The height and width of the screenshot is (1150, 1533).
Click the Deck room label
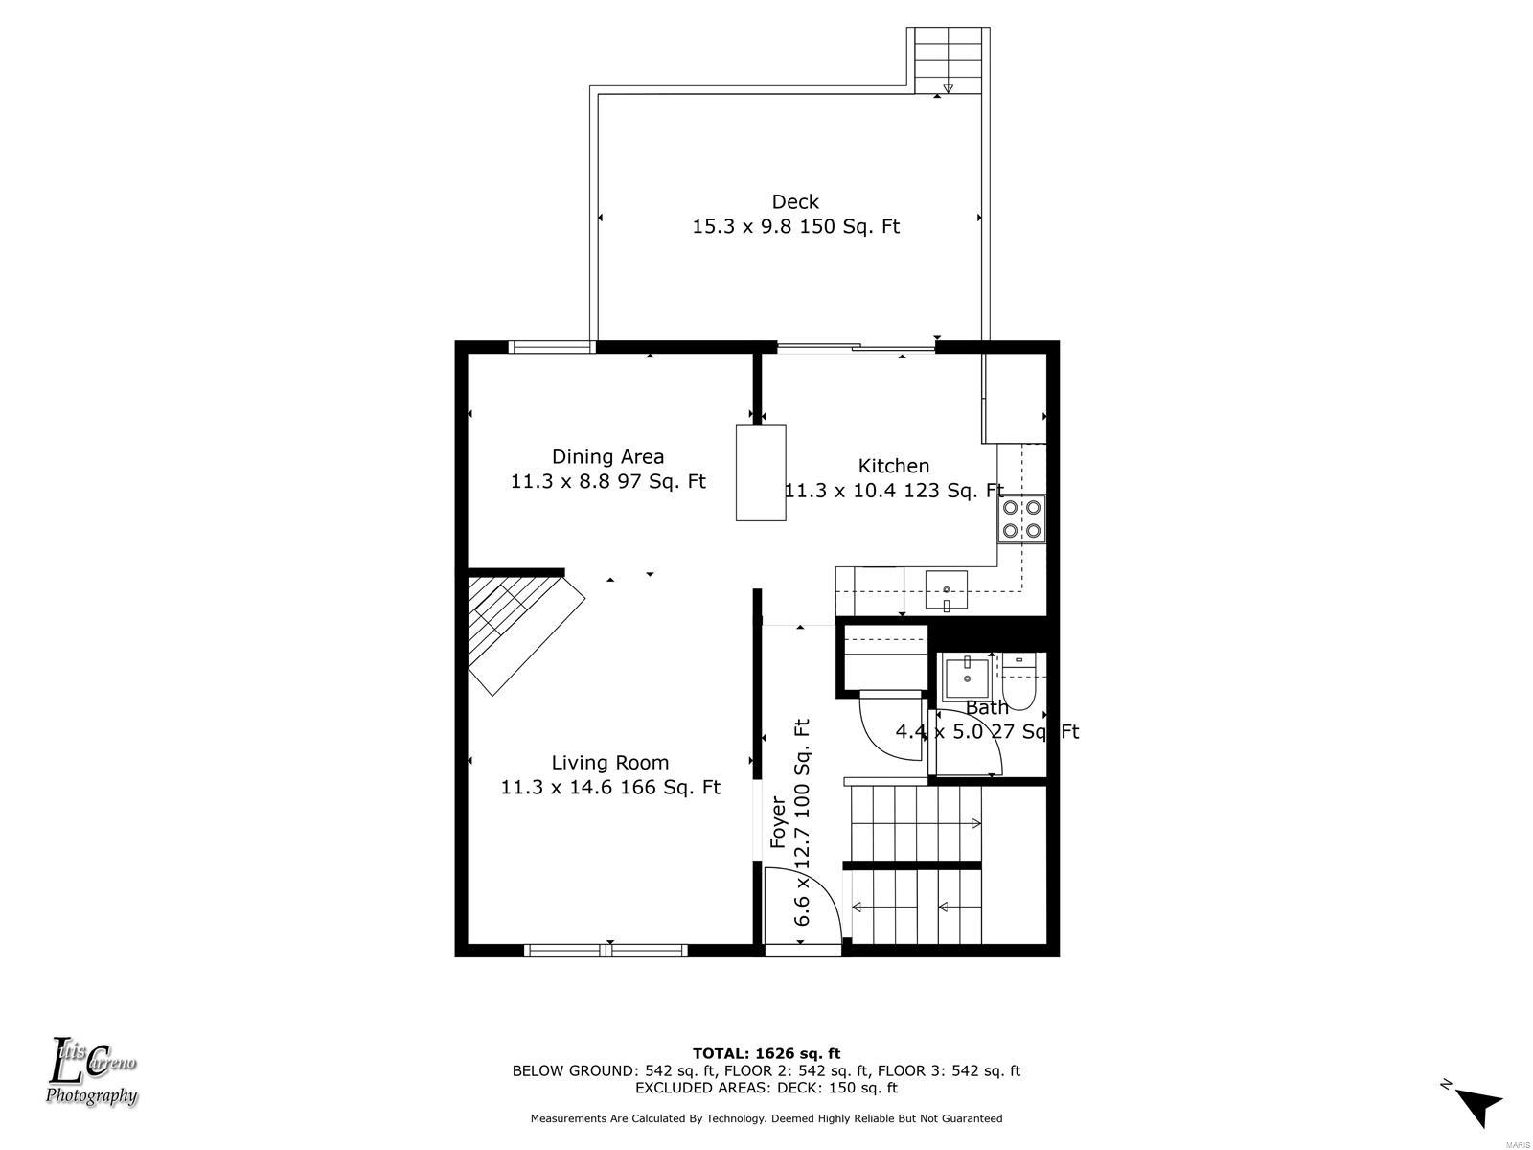click(795, 202)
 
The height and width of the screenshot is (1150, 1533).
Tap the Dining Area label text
click(607, 457)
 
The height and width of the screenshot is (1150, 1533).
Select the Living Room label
click(609, 763)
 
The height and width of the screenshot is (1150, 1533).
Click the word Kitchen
click(893, 466)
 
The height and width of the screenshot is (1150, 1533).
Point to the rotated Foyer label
click(778, 822)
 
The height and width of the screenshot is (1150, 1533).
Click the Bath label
click(987, 707)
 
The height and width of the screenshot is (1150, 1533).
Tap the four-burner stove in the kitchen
click(1021, 518)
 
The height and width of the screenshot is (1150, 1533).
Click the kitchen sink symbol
click(947, 589)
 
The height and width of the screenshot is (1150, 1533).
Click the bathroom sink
click(967, 678)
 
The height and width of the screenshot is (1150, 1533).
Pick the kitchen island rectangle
click(761, 472)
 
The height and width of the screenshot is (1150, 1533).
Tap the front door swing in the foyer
click(803, 906)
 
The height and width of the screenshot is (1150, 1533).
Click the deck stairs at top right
click(948, 60)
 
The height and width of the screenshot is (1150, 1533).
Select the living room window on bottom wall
click(606, 951)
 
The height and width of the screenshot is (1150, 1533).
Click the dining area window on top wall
click(552, 346)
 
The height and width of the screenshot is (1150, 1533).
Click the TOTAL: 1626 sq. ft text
click(766, 1053)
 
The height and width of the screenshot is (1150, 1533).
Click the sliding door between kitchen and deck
click(857, 346)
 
